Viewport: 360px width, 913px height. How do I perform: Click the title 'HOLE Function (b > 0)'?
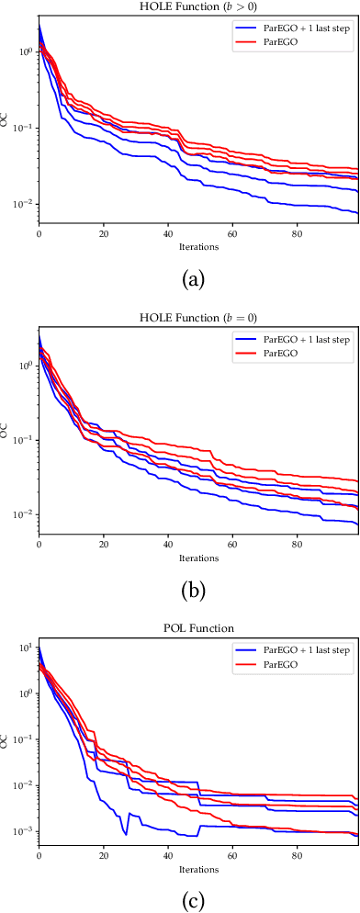(198, 8)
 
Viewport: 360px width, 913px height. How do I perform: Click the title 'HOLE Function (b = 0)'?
(198, 318)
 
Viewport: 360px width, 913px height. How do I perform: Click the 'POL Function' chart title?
(198, 627)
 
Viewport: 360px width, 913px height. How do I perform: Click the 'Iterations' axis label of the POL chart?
(198, 867)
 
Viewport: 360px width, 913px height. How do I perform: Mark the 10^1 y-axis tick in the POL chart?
(25, 648)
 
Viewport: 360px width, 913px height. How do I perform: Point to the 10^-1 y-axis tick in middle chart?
(25, 440)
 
